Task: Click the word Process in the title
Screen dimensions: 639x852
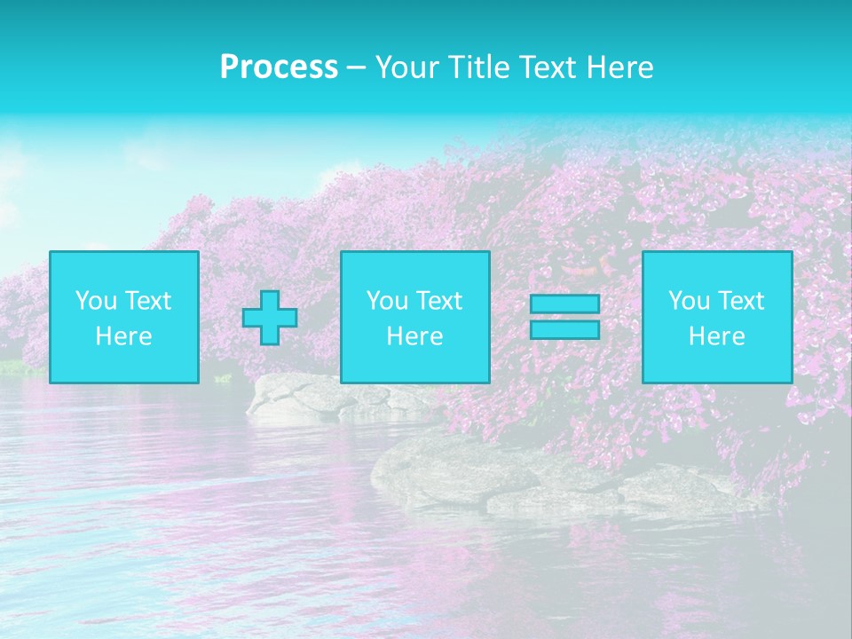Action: pos(279,67)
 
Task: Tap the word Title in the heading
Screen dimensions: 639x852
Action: pos(479,67)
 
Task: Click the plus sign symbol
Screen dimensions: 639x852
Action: pos(270,318)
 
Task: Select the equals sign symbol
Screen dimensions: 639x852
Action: pos(564,317)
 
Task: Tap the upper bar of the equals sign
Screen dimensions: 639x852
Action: pos(564,304)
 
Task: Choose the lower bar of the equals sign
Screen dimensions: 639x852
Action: pos(564,330)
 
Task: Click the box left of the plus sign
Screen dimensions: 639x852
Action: pos(124,317)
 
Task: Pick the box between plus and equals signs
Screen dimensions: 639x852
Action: pos(414,317)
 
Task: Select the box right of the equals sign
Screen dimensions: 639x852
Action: pos(716,317)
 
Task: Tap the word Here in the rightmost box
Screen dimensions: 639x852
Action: pos(716,336)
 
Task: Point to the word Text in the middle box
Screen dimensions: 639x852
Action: pos(439,301)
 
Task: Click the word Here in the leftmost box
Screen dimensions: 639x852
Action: pos(124,336)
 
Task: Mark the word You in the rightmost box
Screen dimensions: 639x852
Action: pos(689,301)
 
